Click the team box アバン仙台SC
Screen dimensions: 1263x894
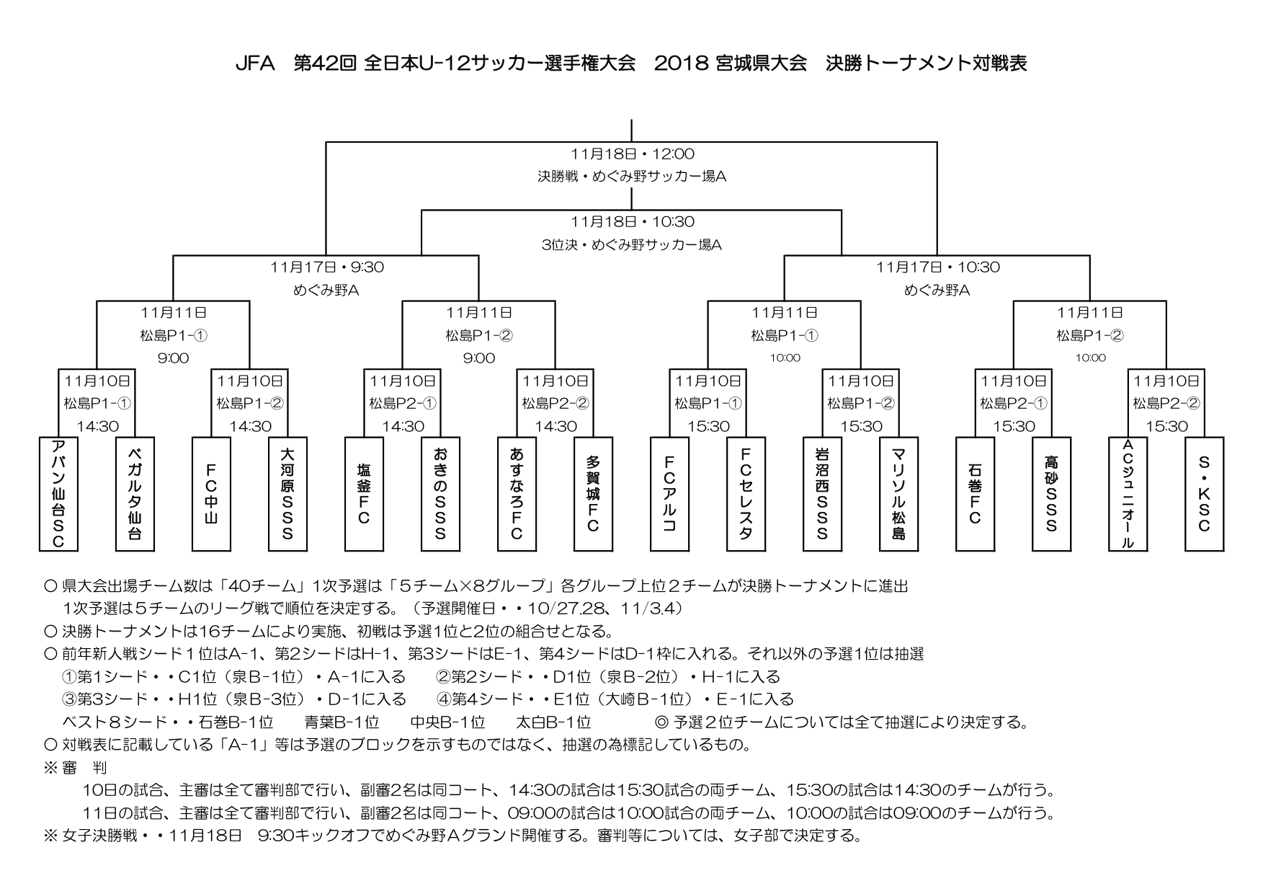[x=58, y=494]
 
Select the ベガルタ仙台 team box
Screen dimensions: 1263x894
[x=135, y=494]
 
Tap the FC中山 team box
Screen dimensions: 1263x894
[x=211, y=494]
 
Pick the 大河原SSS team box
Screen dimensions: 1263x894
[x=287, y=494]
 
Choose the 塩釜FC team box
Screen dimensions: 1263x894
[x=364, y=494]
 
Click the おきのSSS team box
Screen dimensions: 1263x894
[x=440, y=494]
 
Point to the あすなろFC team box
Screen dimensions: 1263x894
[x=517, y=494]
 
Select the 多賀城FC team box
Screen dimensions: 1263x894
[x=593, y=494]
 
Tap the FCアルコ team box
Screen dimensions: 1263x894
[x=669, y=494]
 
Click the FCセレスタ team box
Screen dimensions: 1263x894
[x=746, y=494]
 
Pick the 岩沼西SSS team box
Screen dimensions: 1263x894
[x=822, y=494]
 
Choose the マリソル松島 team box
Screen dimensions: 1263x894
[x=898, y=494]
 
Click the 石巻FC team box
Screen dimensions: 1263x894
[x=975, y=494]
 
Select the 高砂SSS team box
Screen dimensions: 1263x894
[x=1051, y=494]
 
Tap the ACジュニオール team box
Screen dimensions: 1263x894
[x=1128, y=494]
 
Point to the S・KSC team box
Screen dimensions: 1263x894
[x=1204, y=494]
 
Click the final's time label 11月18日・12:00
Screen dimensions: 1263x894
[x=632, y=154]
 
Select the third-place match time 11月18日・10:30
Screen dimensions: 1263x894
[x=632, y=221]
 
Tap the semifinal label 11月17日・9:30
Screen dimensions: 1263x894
[x=327, y=267]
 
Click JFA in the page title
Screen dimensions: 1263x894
[x=256, y=63]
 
